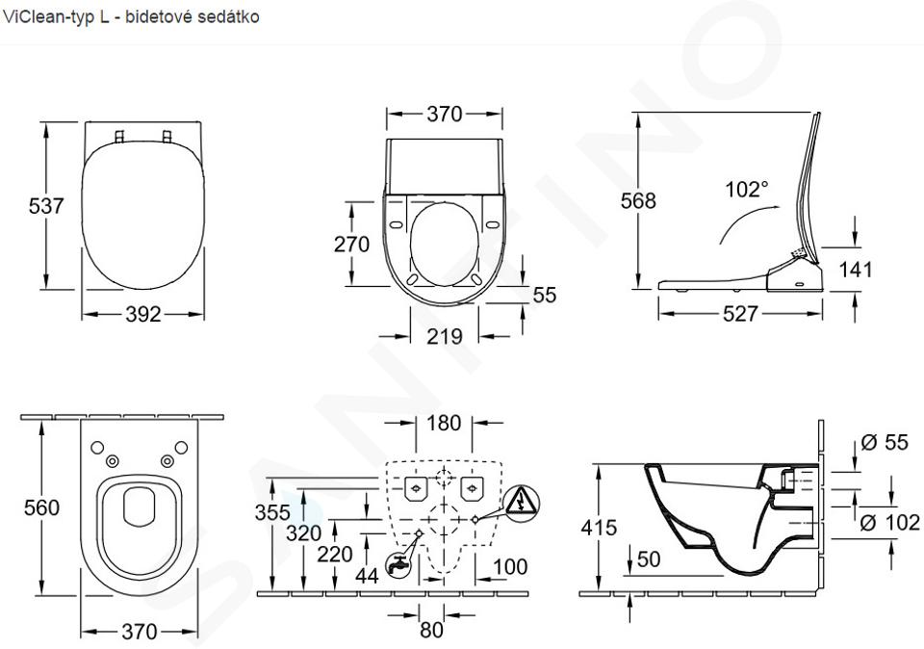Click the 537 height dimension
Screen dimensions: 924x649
click(x=46, y=206)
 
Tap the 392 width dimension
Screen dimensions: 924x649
click(x=143, y=314)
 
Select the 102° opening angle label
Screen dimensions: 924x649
click(x=747, y=190)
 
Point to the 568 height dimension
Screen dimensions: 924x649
click(x=638, y=200)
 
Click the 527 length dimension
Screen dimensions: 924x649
click(x=740, y=314)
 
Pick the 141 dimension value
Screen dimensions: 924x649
click(x=855, y=270)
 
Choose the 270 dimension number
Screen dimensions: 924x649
click(x=352, y=244)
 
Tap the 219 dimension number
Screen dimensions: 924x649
click(x=445, y=337)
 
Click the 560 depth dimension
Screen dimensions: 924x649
click(x=41, y=507)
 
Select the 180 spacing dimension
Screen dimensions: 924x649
click(x=444, y=423)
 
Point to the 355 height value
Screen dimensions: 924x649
click(x=272, y=512)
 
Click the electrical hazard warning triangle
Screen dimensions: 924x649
click(x=522, y=502)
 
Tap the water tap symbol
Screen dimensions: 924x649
click(x=398, y=564)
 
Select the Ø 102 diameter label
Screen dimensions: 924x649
click(x=889, y=522)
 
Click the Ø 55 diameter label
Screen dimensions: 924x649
click(x=885, y=442)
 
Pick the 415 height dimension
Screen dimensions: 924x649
click(x=599, y=527)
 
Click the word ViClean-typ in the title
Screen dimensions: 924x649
click(x=48, y=17)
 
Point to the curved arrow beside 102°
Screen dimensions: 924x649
click(x=744, y=219)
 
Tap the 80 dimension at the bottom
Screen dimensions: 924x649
click(x=431, y=630)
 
